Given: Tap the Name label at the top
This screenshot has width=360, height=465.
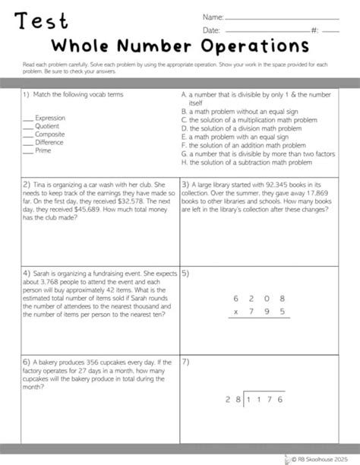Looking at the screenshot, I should coord(212,16).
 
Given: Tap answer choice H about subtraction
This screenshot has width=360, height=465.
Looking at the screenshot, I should coord(247,161).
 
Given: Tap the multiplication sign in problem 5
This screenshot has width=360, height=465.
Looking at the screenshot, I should coord(236,312).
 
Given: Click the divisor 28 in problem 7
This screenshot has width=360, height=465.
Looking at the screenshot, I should coord(231,420).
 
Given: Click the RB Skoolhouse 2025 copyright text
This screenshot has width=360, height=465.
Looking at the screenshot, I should coord(326,457).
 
